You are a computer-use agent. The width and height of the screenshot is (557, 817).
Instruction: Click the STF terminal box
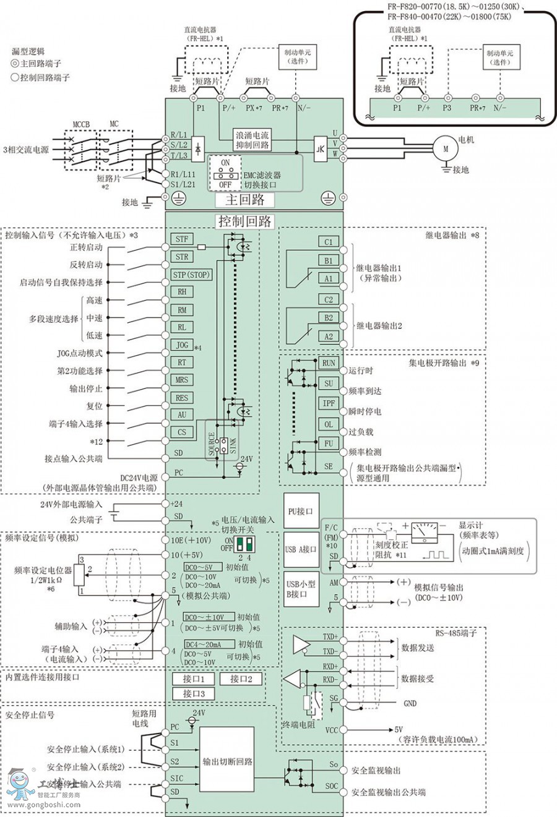(181, 239)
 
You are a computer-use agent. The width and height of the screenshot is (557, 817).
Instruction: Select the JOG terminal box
(182, 345)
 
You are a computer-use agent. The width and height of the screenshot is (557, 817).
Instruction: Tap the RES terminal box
(181, 398)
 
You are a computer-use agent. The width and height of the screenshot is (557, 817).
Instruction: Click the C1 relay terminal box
(328, 242)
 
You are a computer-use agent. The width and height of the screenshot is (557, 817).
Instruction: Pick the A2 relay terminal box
(328, 336)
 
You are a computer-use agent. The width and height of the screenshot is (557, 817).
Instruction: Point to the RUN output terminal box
(329, 364)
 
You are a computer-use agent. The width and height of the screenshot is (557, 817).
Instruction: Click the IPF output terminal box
(329, 403)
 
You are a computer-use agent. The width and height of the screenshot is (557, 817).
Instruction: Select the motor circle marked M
(445, 149)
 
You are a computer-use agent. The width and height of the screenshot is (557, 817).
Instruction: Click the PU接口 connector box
(301, 511)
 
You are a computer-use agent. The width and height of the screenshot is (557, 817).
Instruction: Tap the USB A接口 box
(301, 549)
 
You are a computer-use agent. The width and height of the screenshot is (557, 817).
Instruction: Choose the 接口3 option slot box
(194, 694)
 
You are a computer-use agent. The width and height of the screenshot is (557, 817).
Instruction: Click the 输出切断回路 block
(227, 761)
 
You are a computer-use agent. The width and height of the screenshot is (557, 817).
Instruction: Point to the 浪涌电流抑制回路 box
(253, 140)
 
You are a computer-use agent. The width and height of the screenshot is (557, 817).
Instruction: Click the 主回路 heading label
(244, 199)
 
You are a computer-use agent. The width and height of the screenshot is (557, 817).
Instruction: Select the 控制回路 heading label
(244, 221)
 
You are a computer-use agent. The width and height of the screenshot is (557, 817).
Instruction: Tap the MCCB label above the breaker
(81, 124)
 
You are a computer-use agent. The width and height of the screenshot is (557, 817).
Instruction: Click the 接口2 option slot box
(241, 678)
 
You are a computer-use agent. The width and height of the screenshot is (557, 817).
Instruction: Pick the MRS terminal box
(181, 380)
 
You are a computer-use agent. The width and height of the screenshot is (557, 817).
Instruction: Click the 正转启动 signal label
(86, 247)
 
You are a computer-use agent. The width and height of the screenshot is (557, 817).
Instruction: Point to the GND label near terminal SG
(410, 703)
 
